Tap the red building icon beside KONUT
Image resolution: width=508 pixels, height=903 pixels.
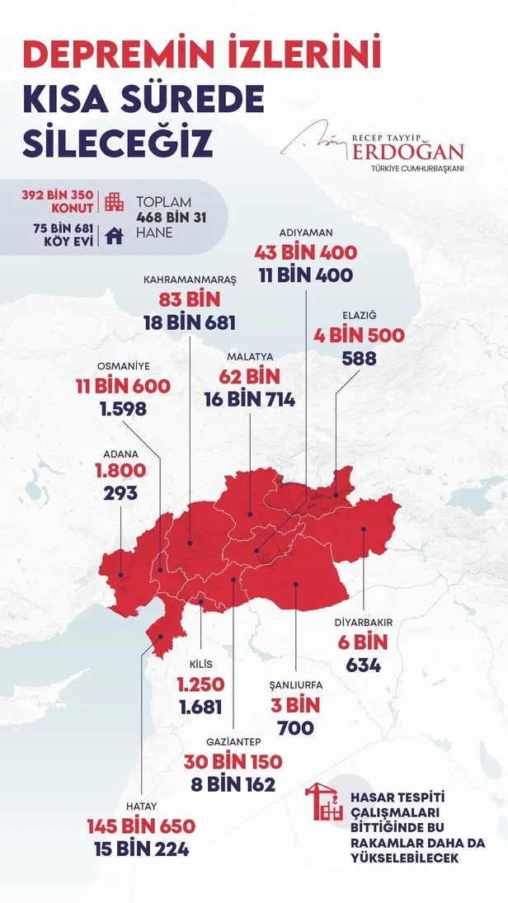[x=115, y=201]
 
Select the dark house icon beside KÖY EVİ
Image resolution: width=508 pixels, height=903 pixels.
[x=115, y=236]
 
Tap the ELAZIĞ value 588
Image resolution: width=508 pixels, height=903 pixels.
[x=360, y=358]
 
